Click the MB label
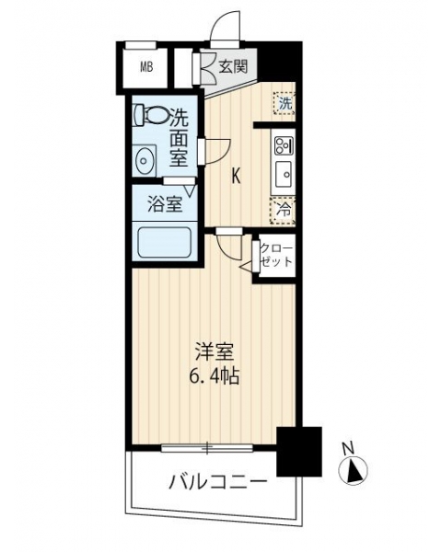146,67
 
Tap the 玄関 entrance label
233,66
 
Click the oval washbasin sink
144,161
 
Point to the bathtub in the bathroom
165,243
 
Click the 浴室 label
165,204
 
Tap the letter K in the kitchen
236,177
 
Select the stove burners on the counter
284,145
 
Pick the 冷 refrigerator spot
283,211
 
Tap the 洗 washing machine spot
285,103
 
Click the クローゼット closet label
276,256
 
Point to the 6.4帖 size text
215,376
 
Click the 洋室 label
215,353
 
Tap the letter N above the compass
348,448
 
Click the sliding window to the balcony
207,448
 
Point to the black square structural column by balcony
299,452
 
